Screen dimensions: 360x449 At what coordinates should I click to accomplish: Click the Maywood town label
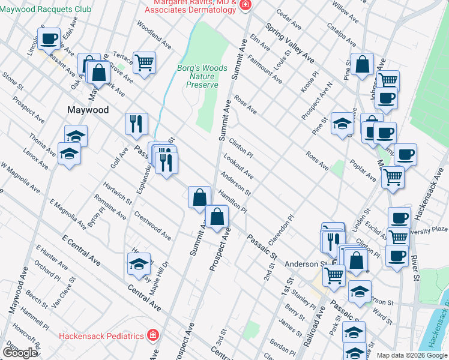coord(88,110)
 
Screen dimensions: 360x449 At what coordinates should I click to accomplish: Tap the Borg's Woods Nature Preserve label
coord(202,76)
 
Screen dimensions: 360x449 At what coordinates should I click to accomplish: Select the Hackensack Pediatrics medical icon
coord(153,335)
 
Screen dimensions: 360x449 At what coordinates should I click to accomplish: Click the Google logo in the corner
coord(20,353)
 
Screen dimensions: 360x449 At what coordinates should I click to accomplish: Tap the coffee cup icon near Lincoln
coord(49,39)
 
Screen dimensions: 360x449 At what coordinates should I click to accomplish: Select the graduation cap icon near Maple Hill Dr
coord(139,263)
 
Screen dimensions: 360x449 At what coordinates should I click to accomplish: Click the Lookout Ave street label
coord(238,167)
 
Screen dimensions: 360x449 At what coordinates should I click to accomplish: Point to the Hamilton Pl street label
coord(233,200)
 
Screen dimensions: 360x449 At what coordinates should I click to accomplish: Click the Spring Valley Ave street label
coord(290,44)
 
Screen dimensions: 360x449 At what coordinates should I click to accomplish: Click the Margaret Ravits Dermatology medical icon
coord(244,5)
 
